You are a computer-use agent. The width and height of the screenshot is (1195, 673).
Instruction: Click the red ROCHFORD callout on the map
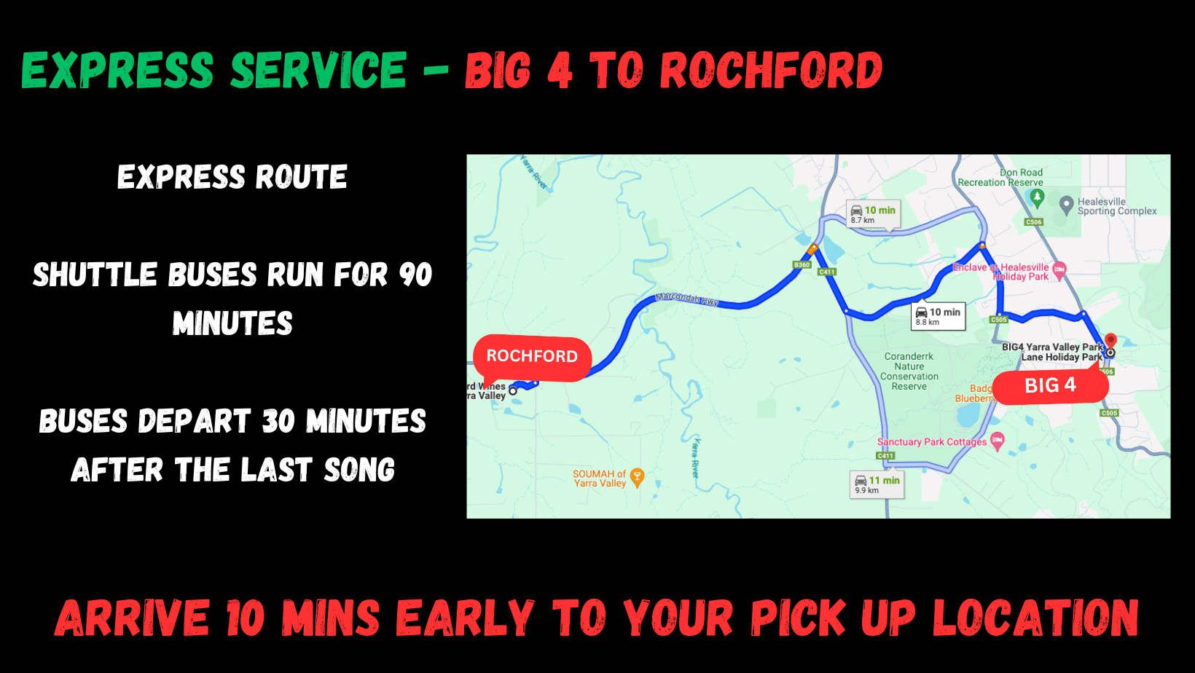[x=532, y=357]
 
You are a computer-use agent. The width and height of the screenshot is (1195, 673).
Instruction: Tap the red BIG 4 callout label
[x=1050, y=386]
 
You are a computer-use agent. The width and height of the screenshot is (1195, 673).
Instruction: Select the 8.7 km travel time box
[x=873, y=214]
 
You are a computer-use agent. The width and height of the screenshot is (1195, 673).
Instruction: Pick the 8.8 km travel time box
[x=939, y=316]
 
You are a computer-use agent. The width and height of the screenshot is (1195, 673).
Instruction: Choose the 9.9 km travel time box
[x=877, y=484]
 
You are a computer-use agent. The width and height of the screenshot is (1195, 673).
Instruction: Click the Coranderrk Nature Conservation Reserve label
[x=909, y=371]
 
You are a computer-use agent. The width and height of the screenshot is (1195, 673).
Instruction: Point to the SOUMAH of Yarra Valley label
[x=600, y=479]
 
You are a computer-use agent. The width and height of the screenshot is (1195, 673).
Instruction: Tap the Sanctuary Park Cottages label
[x=932, y=442]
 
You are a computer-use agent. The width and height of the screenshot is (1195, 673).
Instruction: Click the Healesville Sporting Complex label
[x=1116, y=206]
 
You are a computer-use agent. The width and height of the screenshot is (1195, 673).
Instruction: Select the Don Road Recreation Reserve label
[x=1000, y=178]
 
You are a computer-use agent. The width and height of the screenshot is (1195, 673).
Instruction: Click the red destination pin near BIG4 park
[x=1110, y=340]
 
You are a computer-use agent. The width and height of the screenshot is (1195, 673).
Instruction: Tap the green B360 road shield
[x=802, y=265]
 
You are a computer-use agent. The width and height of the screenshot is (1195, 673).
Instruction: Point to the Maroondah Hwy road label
[x=686, y=299]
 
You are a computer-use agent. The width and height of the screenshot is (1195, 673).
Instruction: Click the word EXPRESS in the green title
[x=118, y=71]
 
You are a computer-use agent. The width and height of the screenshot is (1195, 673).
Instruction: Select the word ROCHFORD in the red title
[x=771, y=71]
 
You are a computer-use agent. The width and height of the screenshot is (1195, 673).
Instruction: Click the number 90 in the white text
[x=415, y=275]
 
